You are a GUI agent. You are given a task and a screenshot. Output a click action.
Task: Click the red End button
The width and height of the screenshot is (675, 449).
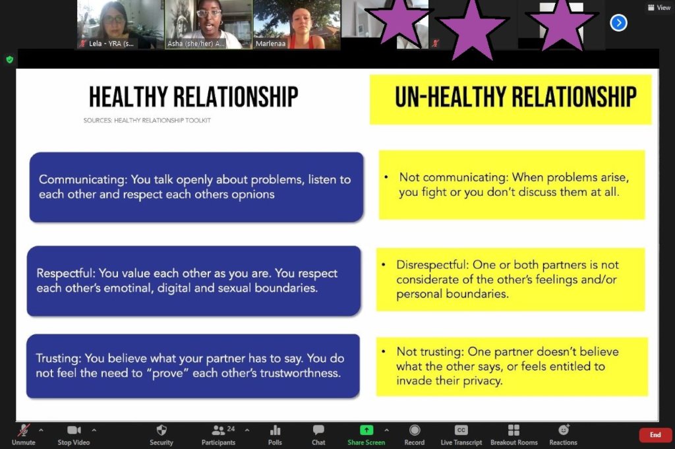(x=655, y=434)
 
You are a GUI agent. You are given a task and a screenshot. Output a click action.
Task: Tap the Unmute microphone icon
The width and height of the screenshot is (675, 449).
(x=24, y=430)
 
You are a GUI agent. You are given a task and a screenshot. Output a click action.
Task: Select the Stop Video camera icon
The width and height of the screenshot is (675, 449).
(x=74, y=430)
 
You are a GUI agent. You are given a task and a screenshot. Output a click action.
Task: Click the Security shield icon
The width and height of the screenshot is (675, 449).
(x=161, y=430)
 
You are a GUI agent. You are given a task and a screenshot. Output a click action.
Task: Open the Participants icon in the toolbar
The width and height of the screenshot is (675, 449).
(x=218, y=430)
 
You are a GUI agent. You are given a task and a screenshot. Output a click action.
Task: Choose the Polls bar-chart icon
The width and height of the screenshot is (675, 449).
(x=275, y=430)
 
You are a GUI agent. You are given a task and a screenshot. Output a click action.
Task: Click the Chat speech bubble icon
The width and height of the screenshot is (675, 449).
(x=318, y=430)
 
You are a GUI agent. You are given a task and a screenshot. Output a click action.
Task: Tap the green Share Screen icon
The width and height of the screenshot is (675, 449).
(x=367, y=430)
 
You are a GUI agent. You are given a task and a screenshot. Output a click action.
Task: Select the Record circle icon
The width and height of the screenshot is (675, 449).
(x=415, y=430)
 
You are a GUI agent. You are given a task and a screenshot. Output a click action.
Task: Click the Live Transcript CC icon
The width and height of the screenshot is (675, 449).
(x=461, y=430)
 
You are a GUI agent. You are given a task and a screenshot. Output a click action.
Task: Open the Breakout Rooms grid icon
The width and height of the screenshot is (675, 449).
(x=514, y=430)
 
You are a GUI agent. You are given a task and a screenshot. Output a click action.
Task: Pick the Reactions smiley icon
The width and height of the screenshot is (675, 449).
(x=564, y=430)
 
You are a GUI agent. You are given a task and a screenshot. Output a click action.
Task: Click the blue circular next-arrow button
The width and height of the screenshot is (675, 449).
(x=618, y=23)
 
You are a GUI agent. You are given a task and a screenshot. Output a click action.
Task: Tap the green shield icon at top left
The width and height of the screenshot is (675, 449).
(x=10, y=59)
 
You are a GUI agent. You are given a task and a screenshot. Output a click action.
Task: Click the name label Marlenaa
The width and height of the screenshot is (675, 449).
(x=270, y=44)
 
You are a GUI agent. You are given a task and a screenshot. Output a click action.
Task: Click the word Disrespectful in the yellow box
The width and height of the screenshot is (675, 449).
(x=432, y=265)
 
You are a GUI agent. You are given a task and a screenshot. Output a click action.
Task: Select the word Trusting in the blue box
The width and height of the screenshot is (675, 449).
(x=58, y=358)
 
